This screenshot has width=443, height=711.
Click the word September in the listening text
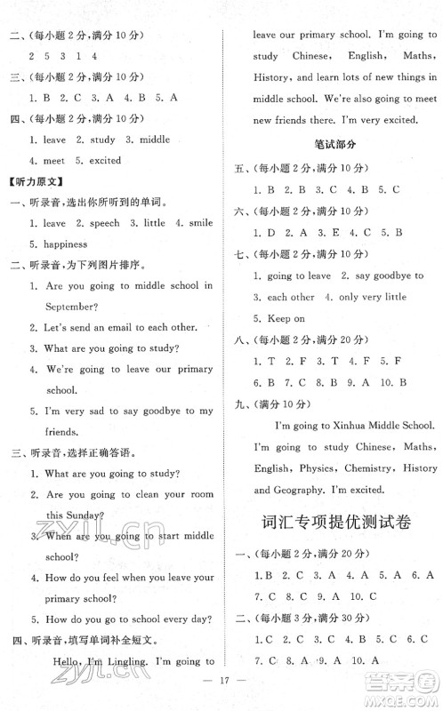coord(52,306)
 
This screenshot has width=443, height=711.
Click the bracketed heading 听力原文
coord(32,182)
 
